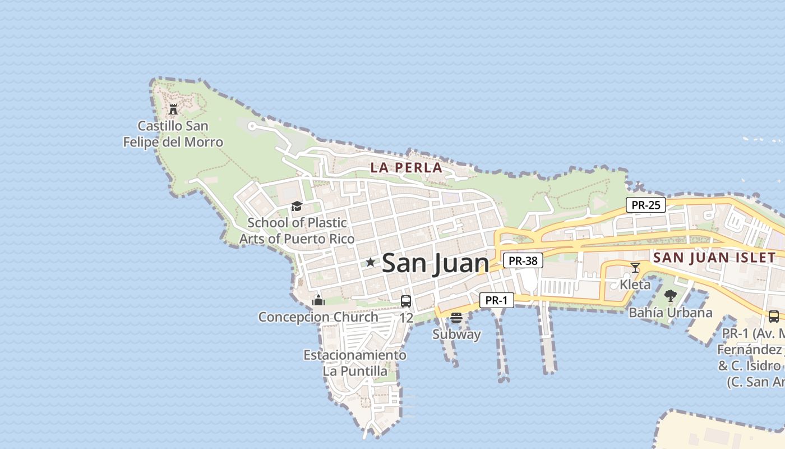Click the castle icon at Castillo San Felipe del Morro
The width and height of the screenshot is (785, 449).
coord(173,109)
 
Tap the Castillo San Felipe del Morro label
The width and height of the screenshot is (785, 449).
coord(173,134)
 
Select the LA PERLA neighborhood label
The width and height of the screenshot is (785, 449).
coord(407,167)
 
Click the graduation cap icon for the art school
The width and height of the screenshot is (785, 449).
coord(297,207)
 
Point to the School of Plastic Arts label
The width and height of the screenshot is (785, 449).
coord(297,231)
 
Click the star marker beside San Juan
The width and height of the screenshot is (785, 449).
coord(371,262)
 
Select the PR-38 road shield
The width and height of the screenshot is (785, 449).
coord(523,260)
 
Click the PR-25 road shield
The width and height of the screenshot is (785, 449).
coord(646,205)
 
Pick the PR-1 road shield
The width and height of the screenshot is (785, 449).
coord(496,300)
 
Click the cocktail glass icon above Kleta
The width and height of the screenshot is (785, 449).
coord(635,268)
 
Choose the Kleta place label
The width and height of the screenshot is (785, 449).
coord(635,284)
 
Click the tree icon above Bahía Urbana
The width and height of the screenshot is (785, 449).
coord(670,295)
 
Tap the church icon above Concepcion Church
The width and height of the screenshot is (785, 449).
coord(318,300)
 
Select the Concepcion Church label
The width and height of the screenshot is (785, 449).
coord(318,317)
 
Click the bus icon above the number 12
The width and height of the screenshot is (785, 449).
coord(406,301)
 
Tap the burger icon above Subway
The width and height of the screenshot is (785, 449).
coord(456,318)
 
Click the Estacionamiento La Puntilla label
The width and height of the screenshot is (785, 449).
coord(355,363)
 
